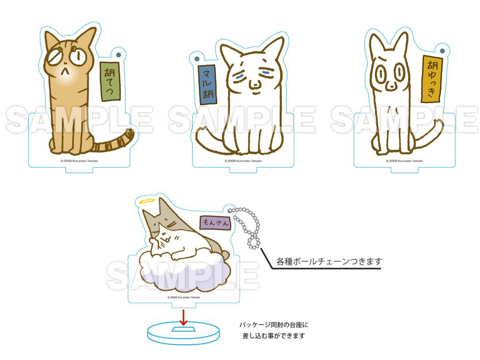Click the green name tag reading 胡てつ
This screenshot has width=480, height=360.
coord(110,82)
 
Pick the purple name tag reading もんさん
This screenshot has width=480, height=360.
coord(215,223)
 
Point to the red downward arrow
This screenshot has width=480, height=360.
coord(183,317)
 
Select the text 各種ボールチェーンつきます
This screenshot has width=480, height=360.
coord(329,261)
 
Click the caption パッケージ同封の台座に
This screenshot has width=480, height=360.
coord(274,325)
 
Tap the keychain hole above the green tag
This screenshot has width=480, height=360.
coord(119,55)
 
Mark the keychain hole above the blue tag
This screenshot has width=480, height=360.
coord(197,59)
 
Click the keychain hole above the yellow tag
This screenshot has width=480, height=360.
coord(442,51)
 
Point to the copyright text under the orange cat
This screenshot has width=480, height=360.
coord(79,161)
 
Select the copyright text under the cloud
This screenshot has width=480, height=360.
coord(184,297)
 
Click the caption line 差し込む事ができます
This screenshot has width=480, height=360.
coord(274,336)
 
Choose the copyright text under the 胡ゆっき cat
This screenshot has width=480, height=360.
coord(404,161)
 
